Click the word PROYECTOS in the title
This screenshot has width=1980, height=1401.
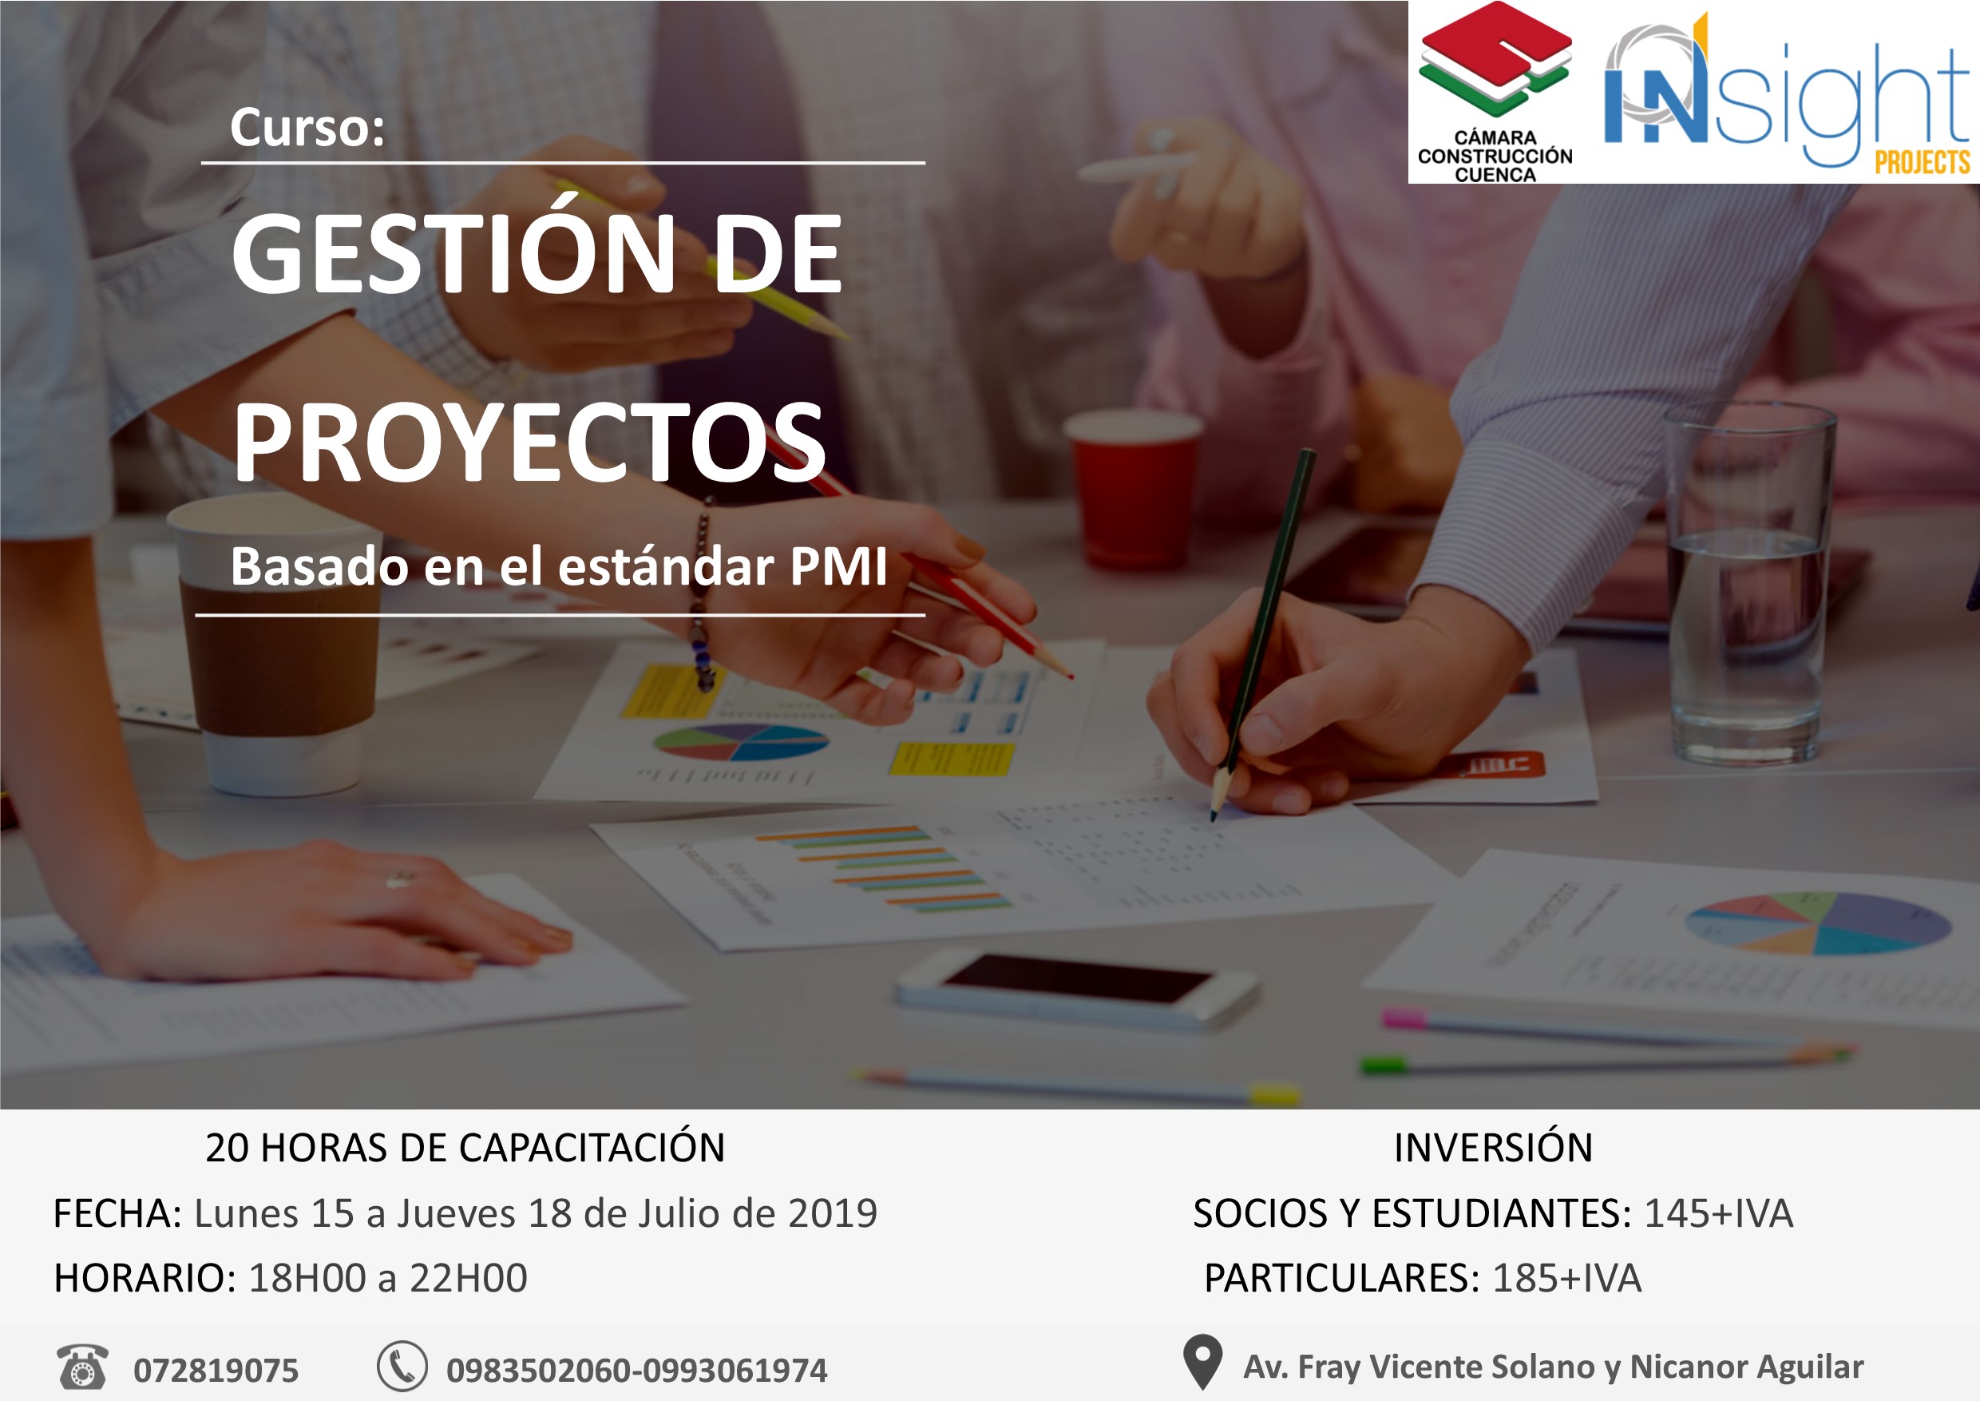click(x=529, y=443)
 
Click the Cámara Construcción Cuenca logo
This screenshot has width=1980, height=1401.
click(x=1495, y=93)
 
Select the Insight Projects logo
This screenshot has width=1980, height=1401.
click(x=1785, y=95)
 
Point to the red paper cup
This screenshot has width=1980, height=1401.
click(x=1131, y=487)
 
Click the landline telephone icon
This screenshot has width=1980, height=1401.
click(x=82, y=1367)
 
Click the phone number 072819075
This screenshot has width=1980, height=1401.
click(x=216, y=1370)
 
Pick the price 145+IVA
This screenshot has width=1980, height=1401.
click(x=1718, y=1213)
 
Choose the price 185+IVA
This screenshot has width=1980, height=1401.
click(x=1566, y=1278)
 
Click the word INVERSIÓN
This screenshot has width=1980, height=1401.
click(x=1493, y=1147)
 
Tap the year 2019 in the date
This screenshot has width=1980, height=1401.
click(x=832, y=1213)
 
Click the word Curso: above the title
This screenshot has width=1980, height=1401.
click(x=307, y=128)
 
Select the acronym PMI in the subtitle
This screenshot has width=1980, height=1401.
click(x=838, y=567)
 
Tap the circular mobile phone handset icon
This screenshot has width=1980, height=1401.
click(x=402, y=1367)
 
